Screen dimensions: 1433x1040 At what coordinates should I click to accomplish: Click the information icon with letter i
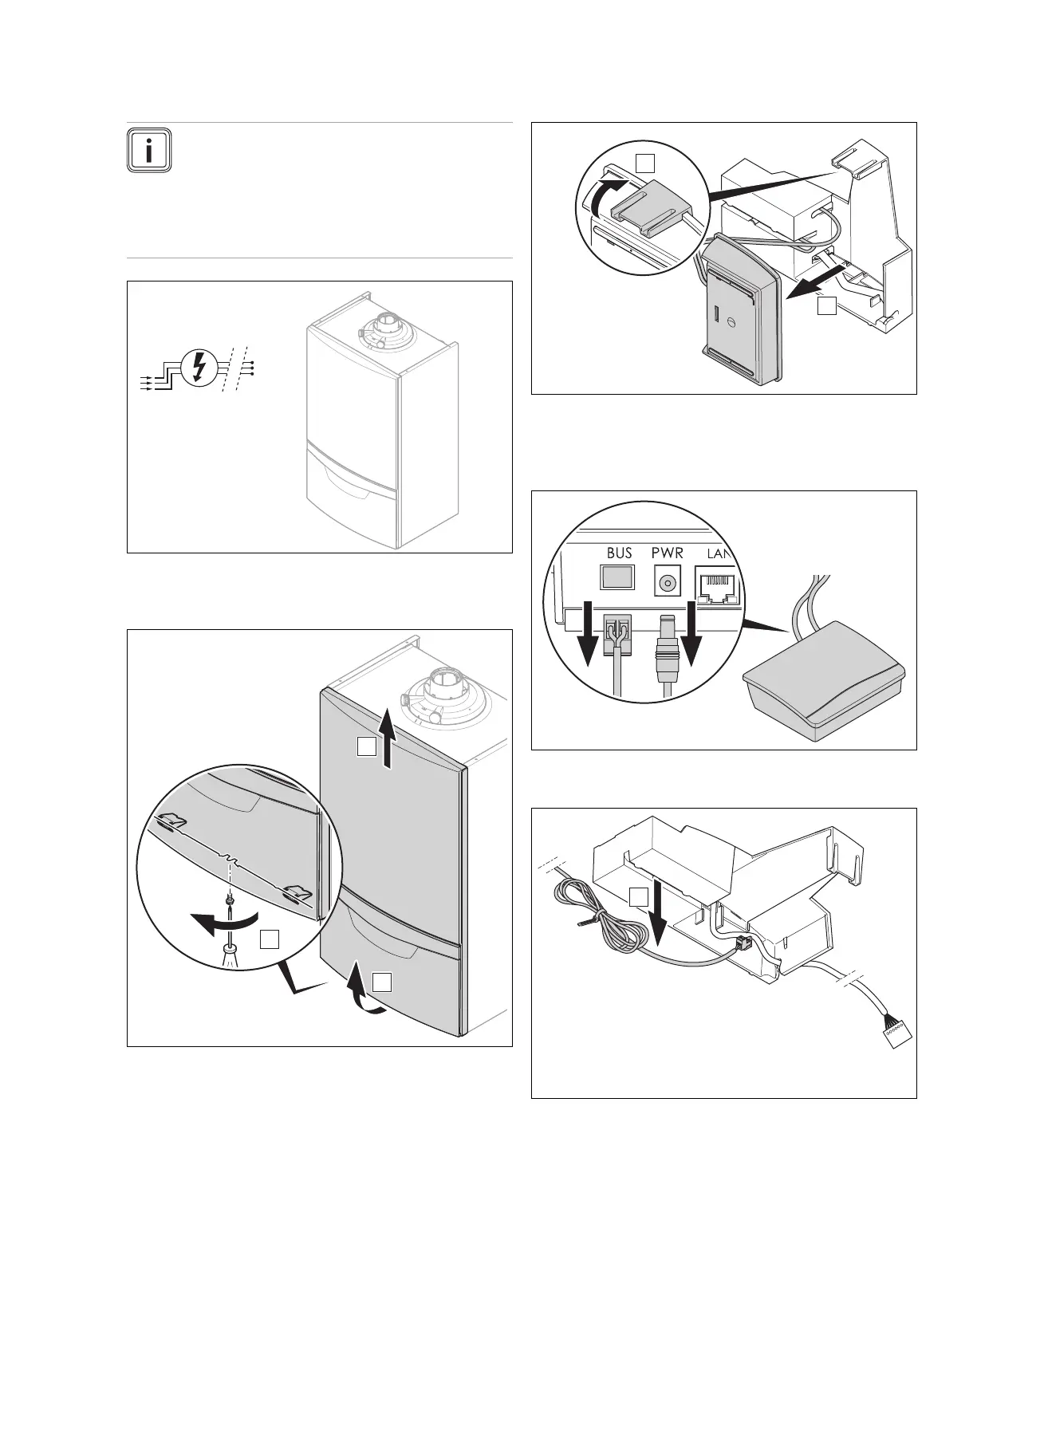pyautogui.click(x=148, y=149)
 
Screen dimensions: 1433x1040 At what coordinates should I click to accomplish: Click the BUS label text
pyautogui.click(x=619, y=553)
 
